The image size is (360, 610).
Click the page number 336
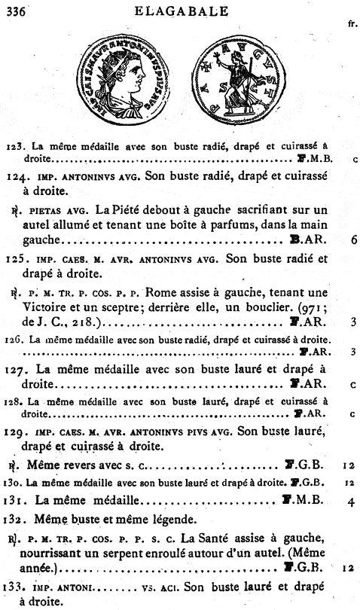click(16, 9)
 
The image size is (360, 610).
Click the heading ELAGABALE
click(181, 8)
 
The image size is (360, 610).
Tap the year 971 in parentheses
click(308, 307)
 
